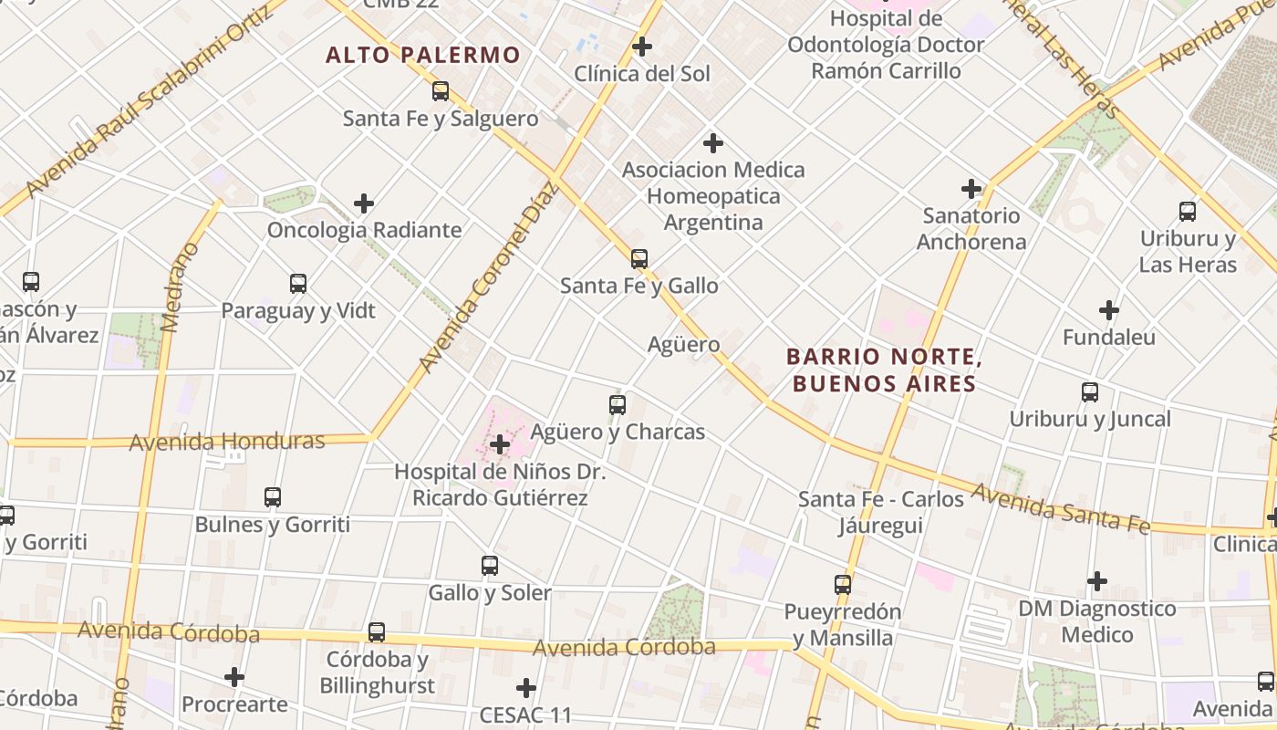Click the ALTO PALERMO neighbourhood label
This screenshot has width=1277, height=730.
pos(423,55)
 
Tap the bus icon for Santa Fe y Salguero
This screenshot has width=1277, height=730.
pos(441,91)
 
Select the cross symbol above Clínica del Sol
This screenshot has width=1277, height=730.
pos(642,47)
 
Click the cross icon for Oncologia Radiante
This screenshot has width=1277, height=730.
pos(364,203)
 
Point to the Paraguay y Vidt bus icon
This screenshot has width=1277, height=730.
pos(298,284)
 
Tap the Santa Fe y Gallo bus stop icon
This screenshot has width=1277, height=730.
pos(639,259)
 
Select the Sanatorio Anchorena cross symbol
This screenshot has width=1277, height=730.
pos(971,190)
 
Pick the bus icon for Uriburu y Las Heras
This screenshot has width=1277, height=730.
pos(1188,212)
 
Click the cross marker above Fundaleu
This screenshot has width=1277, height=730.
pos(1109,310)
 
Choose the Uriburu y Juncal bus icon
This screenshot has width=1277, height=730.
pos(1090,392)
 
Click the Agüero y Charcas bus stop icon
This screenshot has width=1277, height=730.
pos(618,404)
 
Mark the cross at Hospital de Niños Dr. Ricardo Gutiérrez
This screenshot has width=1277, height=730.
pos(500,445)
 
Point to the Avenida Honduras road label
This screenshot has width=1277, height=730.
pos(227,442)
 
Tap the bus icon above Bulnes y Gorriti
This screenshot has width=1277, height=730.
pos(273,497)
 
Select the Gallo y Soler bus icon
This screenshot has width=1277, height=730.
pos(490,566)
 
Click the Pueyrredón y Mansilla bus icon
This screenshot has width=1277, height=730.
pos(843,585)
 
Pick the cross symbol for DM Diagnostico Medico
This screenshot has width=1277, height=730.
pos(1097,581)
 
